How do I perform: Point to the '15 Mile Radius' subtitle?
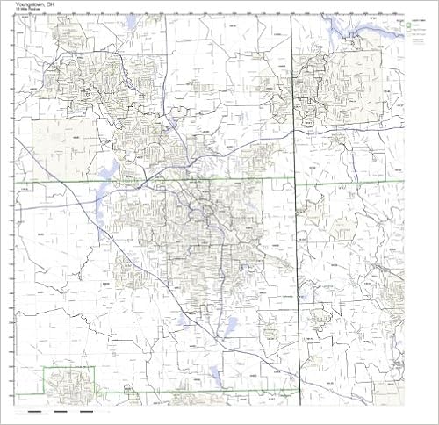(x=26, y=10)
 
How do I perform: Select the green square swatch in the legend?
(x=408, y=27)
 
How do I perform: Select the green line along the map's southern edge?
(x=219, y=391)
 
